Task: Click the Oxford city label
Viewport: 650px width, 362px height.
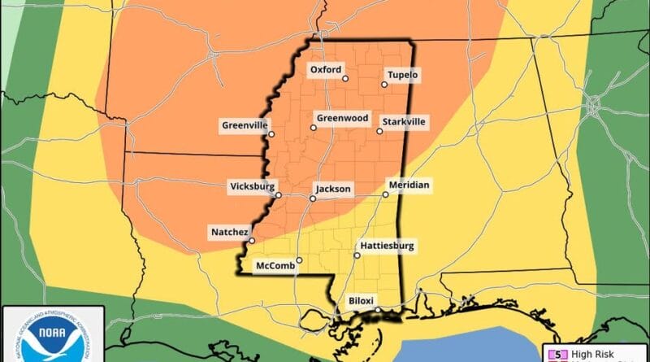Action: (326, 70)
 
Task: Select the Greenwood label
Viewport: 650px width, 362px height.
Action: (336, 118)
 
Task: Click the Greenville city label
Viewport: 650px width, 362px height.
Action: (244, 125)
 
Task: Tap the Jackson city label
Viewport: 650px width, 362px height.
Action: (334, 189)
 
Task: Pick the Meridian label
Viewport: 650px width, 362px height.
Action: (409, 185)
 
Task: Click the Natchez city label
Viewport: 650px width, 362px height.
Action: (229, 232)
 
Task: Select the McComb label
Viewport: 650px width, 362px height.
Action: (273, 266)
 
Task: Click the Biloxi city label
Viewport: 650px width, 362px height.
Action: (361, 299)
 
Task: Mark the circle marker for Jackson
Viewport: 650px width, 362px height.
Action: (313, 198)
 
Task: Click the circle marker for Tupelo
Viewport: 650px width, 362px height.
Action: (384, 84)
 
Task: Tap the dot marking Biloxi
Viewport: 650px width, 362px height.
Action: (378, 310)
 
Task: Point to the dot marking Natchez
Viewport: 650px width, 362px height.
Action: (252, 240)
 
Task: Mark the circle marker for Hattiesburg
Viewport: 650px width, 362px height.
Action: (357, 255)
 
